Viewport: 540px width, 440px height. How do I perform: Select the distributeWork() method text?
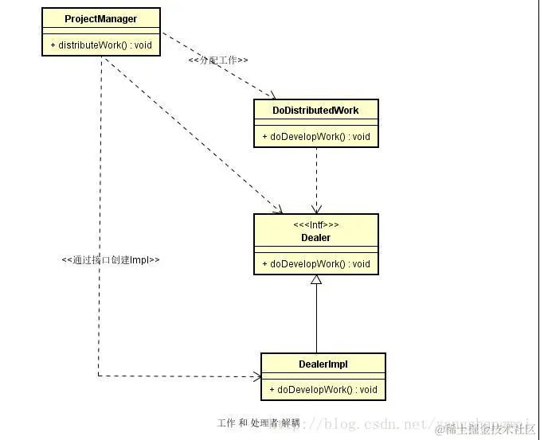pyautogui.click(x=100, y=45)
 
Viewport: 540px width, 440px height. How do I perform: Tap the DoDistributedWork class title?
pyautogui.click(x=316, y=110)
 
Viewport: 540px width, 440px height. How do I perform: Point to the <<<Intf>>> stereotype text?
pyautogui.click(x=316, y=225)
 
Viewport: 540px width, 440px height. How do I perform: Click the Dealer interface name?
pyautogui.click(x=316, y=237)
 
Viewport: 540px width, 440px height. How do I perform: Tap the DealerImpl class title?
pyautogui.click(x=323, y=364)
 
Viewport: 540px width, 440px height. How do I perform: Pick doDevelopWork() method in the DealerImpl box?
pyautogui.click(x=323, y=390)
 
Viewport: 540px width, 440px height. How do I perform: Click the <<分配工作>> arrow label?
pyautogui.click(x=218, y=60)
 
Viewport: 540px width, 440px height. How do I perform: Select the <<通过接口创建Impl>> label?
pyautogui.click(x=111, y=259)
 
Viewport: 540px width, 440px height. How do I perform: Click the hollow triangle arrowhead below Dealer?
pyautogui.click(x=316, y=280)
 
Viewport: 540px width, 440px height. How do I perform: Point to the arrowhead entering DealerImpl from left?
pyautogui.click(x=256, y=376)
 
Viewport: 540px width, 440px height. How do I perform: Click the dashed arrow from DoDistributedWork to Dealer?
pyautogui.click(x=316, y=179)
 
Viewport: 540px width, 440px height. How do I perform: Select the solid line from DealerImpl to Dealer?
pyautogui.click(x=316, y=318)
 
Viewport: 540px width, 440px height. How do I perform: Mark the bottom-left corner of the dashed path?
pyautogui.click(x=99, y=376)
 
